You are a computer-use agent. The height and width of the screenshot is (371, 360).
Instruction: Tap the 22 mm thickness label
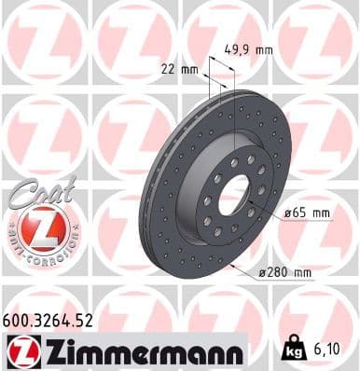(x=178, y=68)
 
